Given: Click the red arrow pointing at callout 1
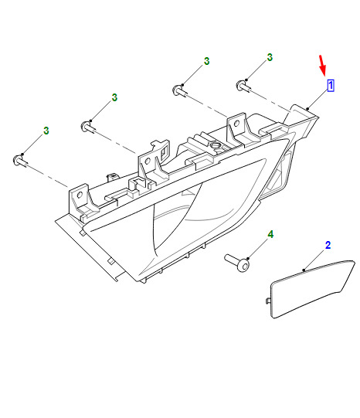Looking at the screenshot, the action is point(323,66).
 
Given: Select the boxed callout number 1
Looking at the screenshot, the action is point(331,86).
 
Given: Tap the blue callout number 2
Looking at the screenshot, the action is point(328,245).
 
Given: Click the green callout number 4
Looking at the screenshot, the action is point(270,234).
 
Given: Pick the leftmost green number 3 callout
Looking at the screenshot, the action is point(46,131).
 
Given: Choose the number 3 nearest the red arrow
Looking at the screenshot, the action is point(270,57).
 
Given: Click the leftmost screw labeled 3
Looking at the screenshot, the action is point(20,161).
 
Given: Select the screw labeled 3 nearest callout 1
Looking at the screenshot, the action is point(243,86).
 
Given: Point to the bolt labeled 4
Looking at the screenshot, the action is point(237,263).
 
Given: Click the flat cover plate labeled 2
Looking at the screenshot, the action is point(312,289).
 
